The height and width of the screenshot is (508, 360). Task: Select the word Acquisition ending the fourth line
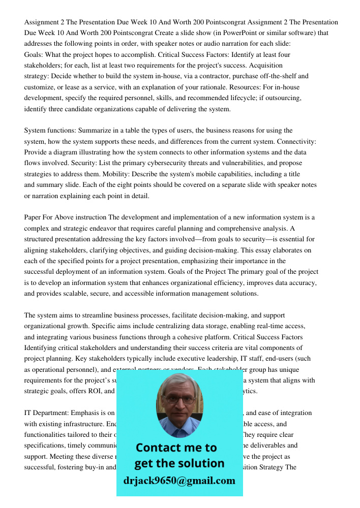(x=262, y=66)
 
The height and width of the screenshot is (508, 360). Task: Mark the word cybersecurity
(x=160, y=163)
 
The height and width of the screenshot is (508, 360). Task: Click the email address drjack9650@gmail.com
(x=179, y=481)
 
